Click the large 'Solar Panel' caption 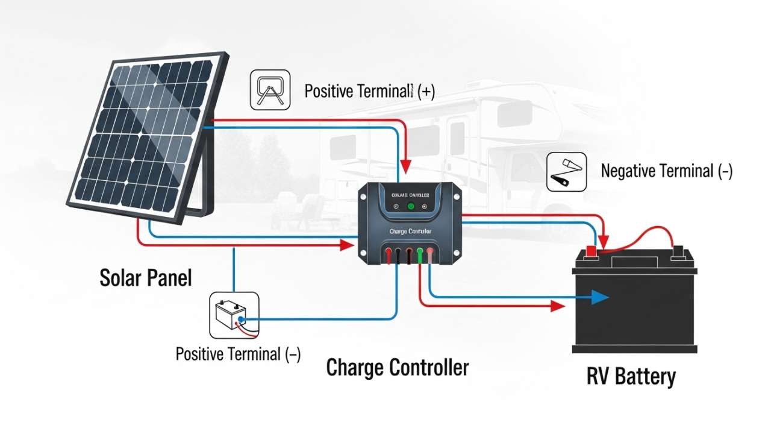[146, 278]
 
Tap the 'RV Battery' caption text [631, 377]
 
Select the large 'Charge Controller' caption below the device [398, 367]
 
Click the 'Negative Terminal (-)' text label [667, 171]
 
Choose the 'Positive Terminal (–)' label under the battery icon [238, 354]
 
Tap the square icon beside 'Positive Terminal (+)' [270, 90]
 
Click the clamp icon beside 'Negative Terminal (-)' [566, 172]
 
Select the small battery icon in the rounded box [233, 315]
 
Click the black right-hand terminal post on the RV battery [678, 250]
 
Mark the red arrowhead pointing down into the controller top [407, 164]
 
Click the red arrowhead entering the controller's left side [346, 245]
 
